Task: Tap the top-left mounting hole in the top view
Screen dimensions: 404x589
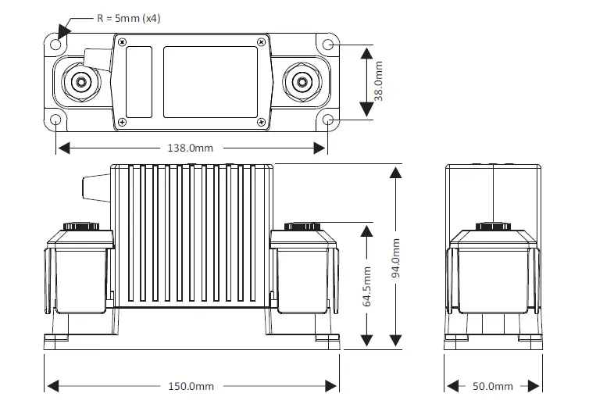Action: [56, 43]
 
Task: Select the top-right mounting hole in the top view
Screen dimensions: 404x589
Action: [329, 43]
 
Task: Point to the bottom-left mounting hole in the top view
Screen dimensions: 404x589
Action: [56, 120]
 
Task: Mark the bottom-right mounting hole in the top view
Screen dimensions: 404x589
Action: [329, 120]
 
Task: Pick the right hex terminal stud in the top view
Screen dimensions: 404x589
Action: [298, 81]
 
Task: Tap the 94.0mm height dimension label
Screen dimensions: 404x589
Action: [397, 255]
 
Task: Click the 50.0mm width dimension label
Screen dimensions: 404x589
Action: [492, 386]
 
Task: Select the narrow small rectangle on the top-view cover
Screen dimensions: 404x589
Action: [139, 81]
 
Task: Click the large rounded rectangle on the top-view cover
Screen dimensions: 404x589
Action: [209, 81]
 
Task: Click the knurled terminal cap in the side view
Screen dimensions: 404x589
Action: [492, 227]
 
